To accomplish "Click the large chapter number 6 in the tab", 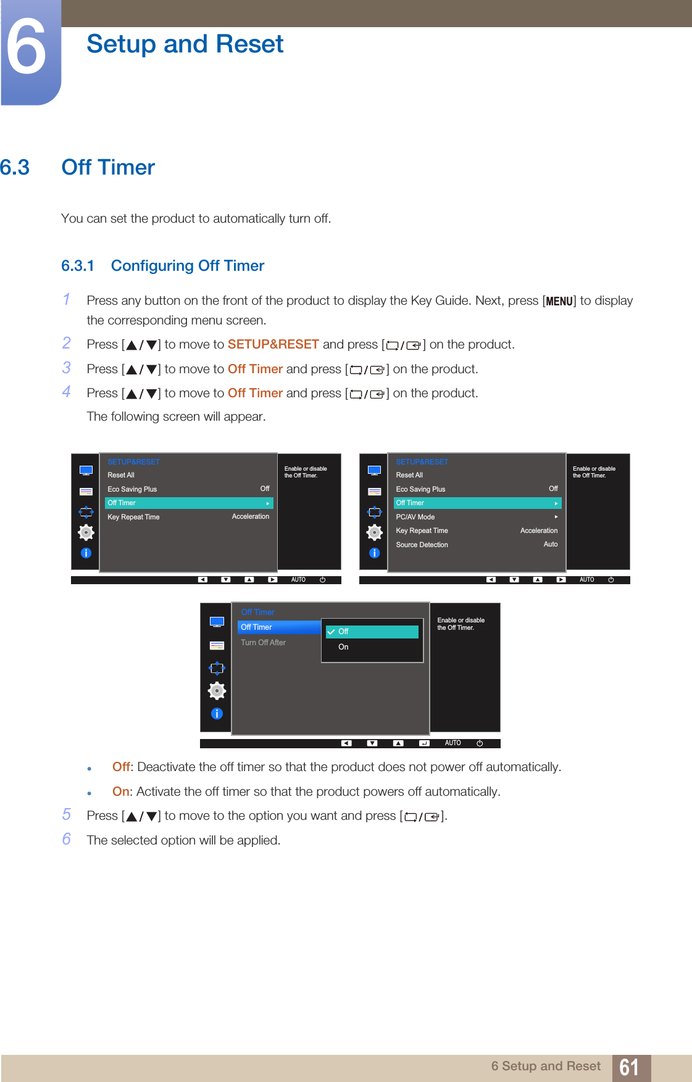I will tap(26, 47).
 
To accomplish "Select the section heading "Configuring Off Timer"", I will tap(187, 266).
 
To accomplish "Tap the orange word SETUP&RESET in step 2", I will tap(273, 344).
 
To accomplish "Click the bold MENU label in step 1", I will tap(559, 301).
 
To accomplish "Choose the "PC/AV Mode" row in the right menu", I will tap(415, 517).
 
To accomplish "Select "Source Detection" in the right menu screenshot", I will tap(422, 545).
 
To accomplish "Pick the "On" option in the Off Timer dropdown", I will tap(343, 647).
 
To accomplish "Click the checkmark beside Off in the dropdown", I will tap(331, 632).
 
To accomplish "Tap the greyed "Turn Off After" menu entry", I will tap(263, 643).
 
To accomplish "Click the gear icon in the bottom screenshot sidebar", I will tap(217, 691).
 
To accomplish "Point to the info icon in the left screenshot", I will tap(86, 553).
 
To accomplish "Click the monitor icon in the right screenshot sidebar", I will tap(374, 471).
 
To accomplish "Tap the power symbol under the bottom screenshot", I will tap(480, 743).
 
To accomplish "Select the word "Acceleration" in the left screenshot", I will tap(250, 517).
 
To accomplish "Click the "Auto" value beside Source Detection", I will tap(551, 545).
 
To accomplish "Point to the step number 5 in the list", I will tap(67, 815).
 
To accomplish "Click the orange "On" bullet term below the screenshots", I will tap(121, 791).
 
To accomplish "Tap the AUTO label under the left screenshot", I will tap(298, 580).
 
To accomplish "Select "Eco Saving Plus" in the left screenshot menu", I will tap(132, 489).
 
